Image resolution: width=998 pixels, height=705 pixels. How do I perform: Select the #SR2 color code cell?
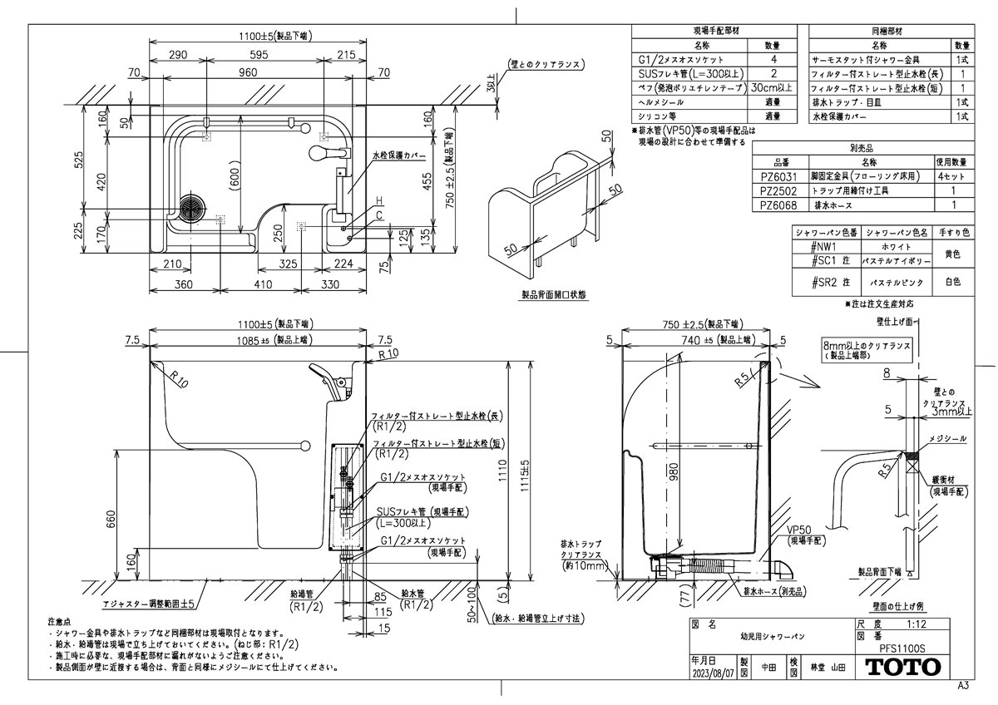[826, 283]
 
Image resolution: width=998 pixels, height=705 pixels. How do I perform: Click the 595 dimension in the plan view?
[258, 54]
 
